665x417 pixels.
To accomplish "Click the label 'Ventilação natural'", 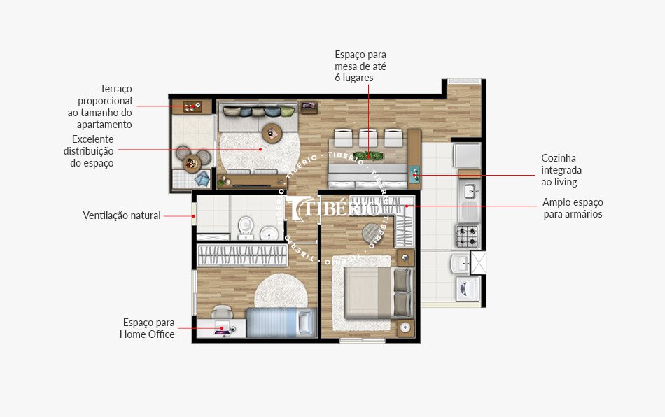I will [121, 215].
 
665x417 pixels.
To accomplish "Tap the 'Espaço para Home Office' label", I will [147, 328].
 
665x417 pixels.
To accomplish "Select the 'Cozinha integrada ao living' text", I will [561, 170].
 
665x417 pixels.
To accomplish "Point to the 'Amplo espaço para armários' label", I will [573, 208].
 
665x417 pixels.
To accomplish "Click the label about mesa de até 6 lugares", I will [360, 66].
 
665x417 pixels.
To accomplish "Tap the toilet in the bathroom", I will [246, 226].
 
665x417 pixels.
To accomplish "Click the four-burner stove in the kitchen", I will [468, 236].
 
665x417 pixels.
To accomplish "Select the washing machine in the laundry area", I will [468, 288].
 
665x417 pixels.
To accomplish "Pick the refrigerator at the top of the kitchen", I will [468, 156].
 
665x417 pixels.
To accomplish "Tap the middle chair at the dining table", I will [367, 137].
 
